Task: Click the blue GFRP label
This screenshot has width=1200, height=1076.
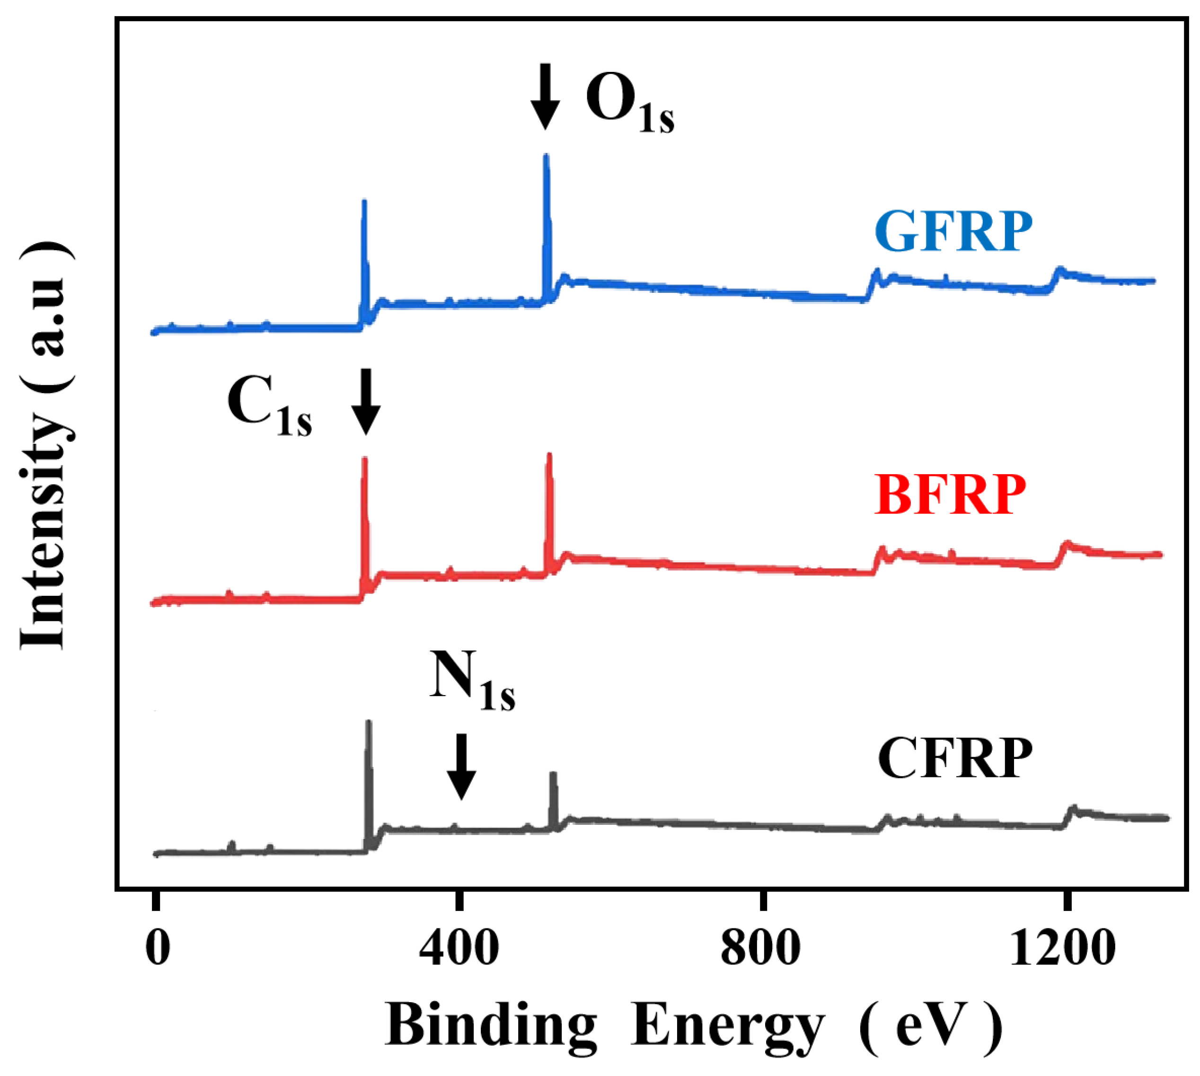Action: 953,232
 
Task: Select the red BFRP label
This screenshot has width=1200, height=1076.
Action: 949,495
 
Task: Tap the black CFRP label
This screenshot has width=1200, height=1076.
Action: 954,759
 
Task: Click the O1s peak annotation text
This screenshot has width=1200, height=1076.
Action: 629,105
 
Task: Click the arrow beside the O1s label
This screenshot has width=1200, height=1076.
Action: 545,97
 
